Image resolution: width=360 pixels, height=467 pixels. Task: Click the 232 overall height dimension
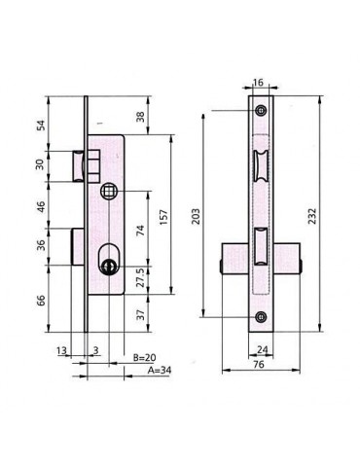pos(311,216)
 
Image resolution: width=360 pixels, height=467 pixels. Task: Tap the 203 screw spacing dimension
pos(196,216)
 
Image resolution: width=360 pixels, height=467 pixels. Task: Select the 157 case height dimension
pos(163,218)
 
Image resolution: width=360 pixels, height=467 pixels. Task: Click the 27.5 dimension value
pos(140,277)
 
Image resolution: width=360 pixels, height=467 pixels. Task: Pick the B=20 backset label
pos(145,357)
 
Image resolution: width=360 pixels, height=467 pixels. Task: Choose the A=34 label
pos(160,370)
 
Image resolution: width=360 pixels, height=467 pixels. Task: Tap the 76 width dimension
pos(259,364)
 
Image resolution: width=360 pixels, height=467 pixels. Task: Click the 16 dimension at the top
pos(258,83)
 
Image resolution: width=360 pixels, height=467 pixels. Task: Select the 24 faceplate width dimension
pos(262,349)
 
